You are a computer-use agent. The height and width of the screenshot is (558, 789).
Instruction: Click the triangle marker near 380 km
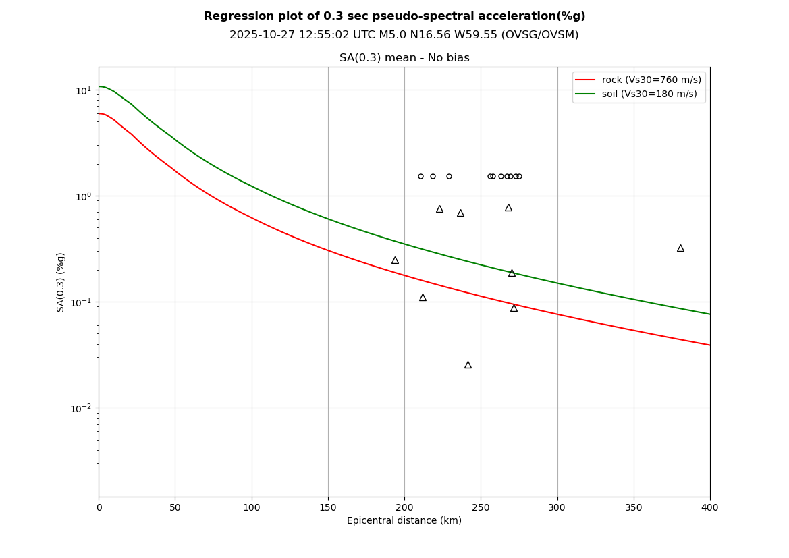tap(680, 248)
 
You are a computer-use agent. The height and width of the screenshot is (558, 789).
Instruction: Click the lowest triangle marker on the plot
tap(468, 365)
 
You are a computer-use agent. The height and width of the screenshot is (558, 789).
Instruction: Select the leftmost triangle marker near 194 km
tap(395, 260)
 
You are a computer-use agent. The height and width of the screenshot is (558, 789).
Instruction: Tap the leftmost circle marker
tap(420, 177)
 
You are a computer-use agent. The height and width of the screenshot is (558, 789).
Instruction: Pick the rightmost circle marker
tap(519, 177)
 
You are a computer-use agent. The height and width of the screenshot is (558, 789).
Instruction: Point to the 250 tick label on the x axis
tap(481, 507)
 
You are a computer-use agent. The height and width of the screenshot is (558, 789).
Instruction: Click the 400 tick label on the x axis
tap(710, 507)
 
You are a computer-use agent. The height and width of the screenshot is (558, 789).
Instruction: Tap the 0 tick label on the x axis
tap(99, 507)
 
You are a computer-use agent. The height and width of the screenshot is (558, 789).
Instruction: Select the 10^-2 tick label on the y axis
tap(82, 408)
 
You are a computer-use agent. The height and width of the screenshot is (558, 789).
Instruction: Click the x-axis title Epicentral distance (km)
tap(404, 521)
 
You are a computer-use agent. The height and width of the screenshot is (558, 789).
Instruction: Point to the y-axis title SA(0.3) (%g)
tap(61, 282)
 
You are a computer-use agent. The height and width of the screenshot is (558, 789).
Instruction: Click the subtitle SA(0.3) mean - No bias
tap(404, 59)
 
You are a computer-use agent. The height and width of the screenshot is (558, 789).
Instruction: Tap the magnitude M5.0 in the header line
tap(366, 35)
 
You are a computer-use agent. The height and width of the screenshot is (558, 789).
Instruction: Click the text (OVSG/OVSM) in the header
tap(540, 35)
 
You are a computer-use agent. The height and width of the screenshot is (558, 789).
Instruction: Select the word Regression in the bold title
tap(234, 16)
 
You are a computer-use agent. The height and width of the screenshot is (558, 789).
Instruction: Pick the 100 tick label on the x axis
tap(252, 507)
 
